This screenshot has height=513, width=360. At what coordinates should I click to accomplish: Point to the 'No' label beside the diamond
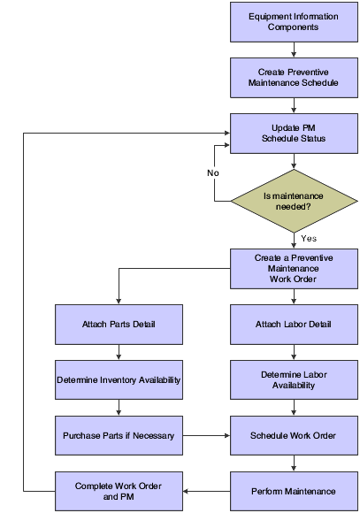pos(213,172)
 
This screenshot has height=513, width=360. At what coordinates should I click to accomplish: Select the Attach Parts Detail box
pos(118,324)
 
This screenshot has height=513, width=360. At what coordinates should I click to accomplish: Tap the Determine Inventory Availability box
pos(118,380)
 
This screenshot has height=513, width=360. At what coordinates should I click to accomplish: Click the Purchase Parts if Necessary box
pos(118,436)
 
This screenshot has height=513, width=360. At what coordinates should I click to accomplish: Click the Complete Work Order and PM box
pos(118,491)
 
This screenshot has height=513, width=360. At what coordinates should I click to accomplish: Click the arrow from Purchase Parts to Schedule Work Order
pos(206,436)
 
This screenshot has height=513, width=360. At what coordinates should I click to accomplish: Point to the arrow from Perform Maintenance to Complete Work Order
pos(206,491)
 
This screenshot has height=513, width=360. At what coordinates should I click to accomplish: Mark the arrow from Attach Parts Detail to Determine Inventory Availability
pos(118,352)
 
